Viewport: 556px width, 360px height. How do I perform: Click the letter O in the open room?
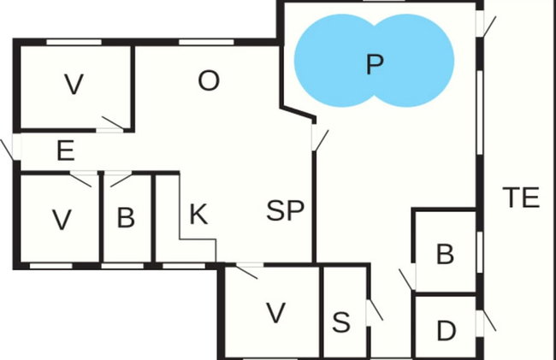pos(209,80)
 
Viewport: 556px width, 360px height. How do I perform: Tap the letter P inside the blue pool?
pos(375,64)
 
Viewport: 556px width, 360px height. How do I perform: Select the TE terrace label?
pos(521,198)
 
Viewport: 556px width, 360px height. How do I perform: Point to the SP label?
pos(285,210)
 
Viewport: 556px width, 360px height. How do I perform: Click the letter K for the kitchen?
pos(198,214)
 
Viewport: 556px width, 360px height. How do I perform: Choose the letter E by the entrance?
pos(66,150)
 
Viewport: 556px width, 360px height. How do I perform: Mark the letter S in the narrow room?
pos(341,322)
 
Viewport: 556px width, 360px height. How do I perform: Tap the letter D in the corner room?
pos(446,331)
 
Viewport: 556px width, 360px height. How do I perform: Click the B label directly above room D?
pos(445,254)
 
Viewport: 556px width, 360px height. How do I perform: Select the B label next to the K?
pos(126,217)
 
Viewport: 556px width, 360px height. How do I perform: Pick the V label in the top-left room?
pos(74,85)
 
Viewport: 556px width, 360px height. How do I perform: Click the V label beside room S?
pos(276,313)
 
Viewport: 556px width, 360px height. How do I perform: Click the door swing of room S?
pos(376,310)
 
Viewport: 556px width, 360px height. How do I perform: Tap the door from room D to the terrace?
pos(489,321)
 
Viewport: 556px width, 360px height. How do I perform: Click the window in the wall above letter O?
pos(206,42)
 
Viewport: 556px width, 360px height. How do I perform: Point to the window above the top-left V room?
pos(74,42)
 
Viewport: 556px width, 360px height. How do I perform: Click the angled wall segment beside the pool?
pos(298,113)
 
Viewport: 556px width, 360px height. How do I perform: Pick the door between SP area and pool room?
pos(320,140)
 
